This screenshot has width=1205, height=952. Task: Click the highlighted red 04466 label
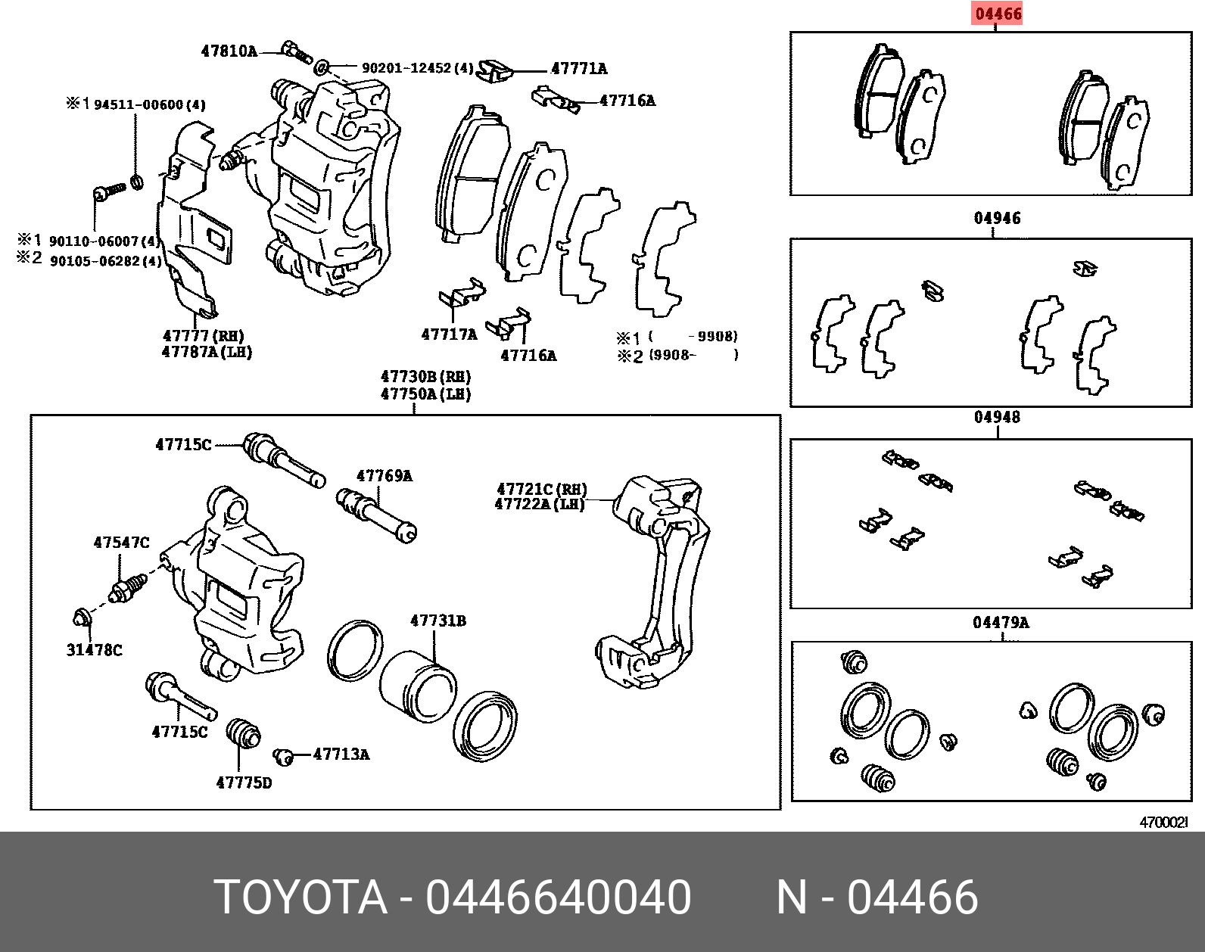click(x=998, y=14)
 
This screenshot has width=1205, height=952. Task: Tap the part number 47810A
click(x=229, y=51)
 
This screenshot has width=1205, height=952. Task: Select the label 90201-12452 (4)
click(x=417, y=68)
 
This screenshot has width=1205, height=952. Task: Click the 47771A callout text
click(x=579, y=69)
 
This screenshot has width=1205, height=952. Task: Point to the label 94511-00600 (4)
click(x=149, y=104)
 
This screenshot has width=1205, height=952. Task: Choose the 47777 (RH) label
click(x=204, y=336)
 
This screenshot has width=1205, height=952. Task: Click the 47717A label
click(x=449, y=334)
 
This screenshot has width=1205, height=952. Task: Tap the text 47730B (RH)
click(x=425, y=377)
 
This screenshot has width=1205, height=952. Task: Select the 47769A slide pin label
click(x=384, y=476)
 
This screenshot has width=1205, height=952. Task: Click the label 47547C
click(x=121, y=543)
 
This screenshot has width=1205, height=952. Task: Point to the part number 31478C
click(x=94, y=650)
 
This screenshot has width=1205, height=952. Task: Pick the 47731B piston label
click(x=437, y=621)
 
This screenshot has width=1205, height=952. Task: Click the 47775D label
click(x=244, y=783)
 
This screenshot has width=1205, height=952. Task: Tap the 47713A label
click(x=341, y=754)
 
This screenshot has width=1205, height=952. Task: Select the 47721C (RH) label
click(x=542, y=490)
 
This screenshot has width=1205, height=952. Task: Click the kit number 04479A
click(x=1001, y=623)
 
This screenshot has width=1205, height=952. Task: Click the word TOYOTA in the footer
click(x=300, y=898)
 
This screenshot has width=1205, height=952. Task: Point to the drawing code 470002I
click(x=1164, y=823)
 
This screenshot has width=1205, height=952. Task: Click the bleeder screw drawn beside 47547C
click(x=127, y=588)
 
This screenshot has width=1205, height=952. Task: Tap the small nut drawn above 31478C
click(x=82, y=618)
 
